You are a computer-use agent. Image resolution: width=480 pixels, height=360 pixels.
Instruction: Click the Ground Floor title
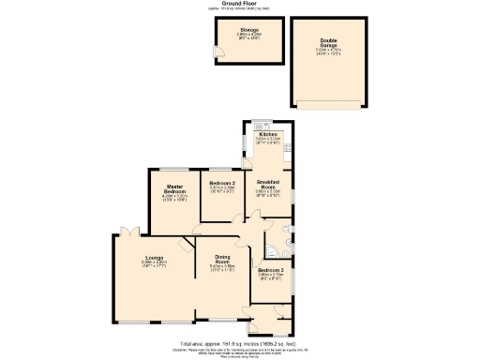point(240,4)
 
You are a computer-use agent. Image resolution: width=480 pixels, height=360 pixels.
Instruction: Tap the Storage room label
point(223,30)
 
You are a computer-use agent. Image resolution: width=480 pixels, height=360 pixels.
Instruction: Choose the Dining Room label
point(222,259)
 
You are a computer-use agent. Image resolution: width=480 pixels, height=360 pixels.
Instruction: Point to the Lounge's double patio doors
point(128,231)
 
